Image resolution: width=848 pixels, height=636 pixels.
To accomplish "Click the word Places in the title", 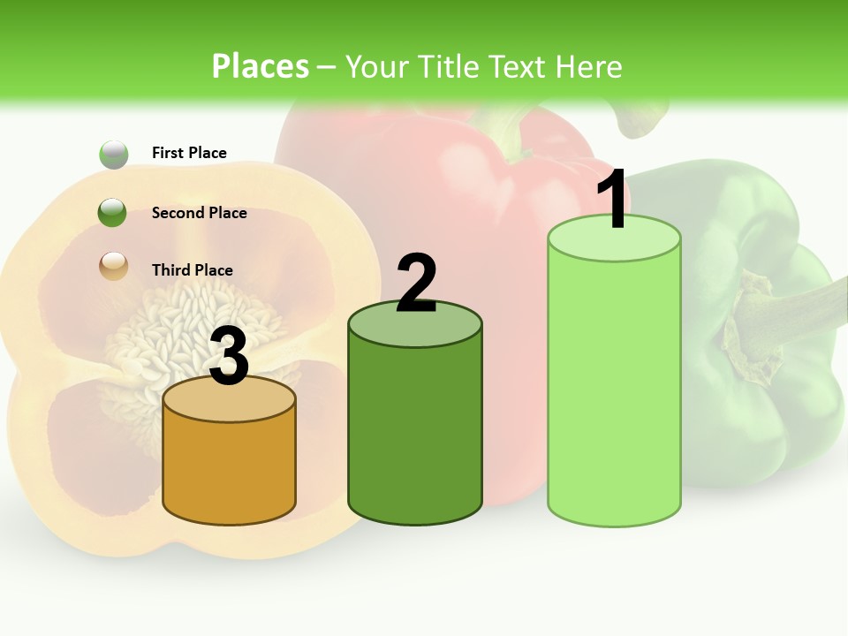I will click(x=261, y=66).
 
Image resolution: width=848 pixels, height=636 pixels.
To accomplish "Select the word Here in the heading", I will click(x=588, y=66).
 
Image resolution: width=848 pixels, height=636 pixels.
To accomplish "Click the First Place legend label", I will click(x=189, y=153).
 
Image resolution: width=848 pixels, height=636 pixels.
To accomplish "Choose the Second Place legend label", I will click(x=199, y=213).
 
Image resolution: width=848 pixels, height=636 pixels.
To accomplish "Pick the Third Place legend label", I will click(x=192, y=270).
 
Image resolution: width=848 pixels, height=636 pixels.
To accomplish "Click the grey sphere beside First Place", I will click(x=114, y=155).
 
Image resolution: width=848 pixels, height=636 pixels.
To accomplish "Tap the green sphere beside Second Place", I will click(x=113, y=213).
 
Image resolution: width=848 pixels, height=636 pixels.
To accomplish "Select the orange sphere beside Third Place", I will click(x=114, y=265).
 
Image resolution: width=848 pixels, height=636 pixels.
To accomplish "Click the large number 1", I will click(x=612, y=201).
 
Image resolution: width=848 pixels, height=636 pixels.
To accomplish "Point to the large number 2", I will click(x=416, y=284).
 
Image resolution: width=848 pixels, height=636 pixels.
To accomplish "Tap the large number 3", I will click(x=230, y=358).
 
